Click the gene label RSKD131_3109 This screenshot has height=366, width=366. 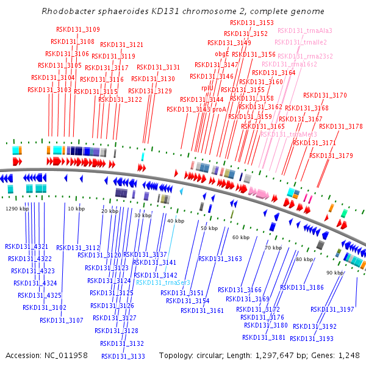(x=78, y=29)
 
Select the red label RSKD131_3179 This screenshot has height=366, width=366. (x=331, y=156)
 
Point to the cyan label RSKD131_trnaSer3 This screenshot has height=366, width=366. (x=163, y=282)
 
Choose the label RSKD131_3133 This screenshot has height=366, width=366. (x=123, y=356)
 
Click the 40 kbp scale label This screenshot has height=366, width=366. (x=176, y=221)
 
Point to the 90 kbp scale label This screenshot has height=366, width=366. (x=335, y=272)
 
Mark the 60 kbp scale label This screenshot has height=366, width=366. (x=241, y=237)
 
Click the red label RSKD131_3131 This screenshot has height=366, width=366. (x=159, y=67)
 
